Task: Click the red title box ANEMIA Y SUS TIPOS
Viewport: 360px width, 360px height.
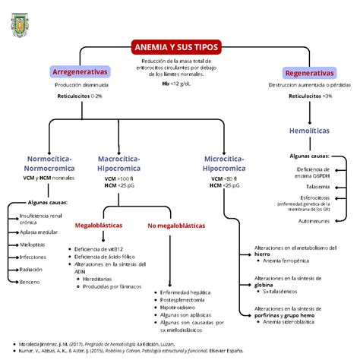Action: (x=175, y=46)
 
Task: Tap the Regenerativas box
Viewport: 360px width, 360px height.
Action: (x=309, y=73)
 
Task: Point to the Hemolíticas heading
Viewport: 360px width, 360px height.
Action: (x=309, y=131)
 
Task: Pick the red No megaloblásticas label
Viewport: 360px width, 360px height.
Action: (x=175, y=226)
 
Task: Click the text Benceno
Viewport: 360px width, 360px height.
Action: (x=30, y=282)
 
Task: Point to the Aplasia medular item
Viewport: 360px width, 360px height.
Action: (x=40, y=232)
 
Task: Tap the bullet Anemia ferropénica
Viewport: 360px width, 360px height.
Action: (x=286, y=260)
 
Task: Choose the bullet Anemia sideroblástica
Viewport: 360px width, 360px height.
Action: (x=289, y=322)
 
